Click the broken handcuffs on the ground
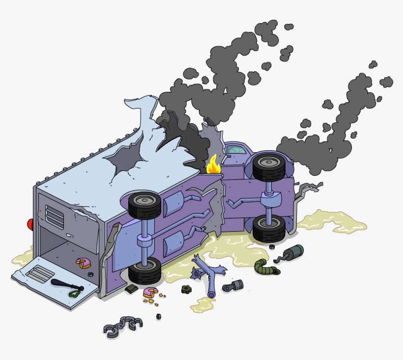[123, 326]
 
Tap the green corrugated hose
[265, 267]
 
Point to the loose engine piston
[232, 285]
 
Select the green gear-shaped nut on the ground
[186, 289]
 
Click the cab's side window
[236, 148]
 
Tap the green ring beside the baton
[74, 294]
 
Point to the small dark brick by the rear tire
[131, 289]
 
